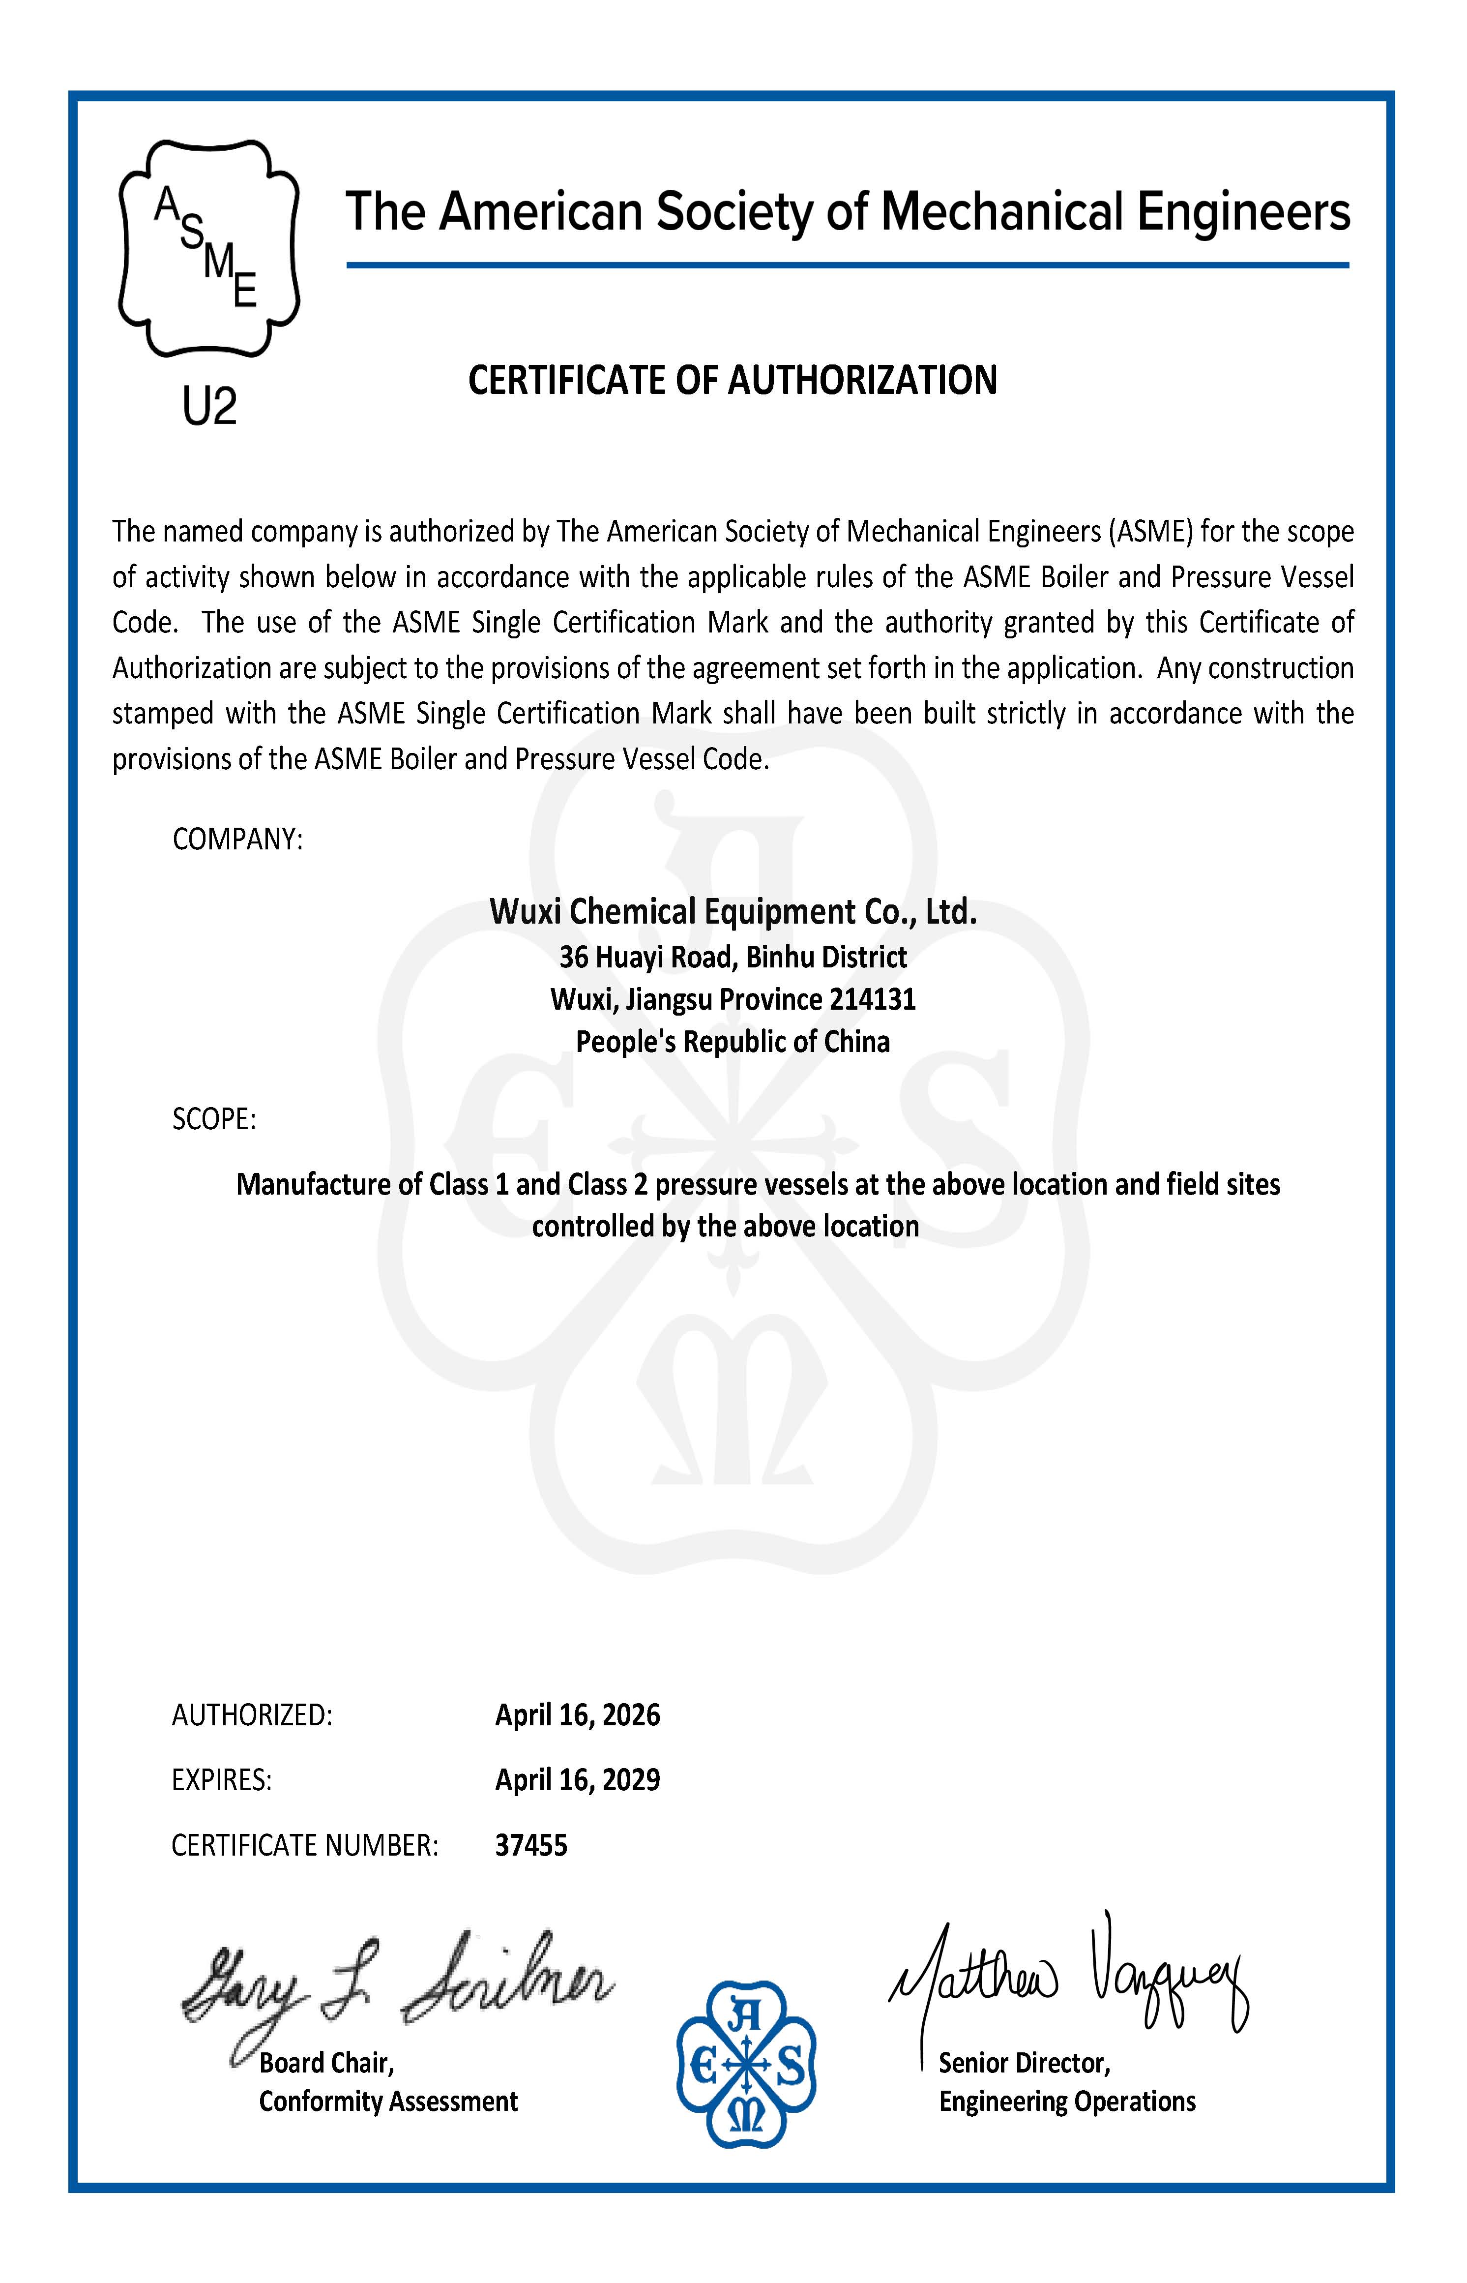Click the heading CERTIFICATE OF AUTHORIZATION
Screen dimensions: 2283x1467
pyautogui.click(x=733, y=380)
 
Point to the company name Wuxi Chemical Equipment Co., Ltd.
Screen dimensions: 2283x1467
pyautogui.click(x=733, y=912)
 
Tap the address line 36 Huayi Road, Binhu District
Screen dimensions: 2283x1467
pyautogui.click(x=733, y=957)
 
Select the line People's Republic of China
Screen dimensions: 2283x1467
pyautogui.click(x=733, y=1043)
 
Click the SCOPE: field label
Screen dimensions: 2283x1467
pyautogui.click(x=214, y=1119)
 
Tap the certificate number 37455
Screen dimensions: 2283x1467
pyautogui.click(x=530, y=1846)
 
